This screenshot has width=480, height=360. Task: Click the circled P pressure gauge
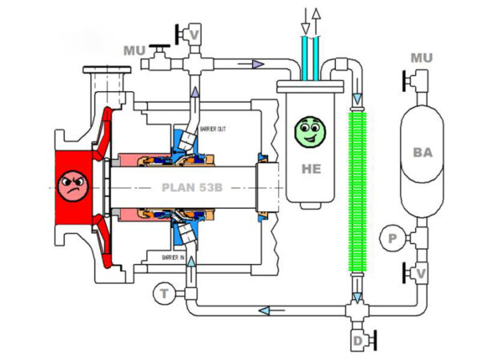point(392,238)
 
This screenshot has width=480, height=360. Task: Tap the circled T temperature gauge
point(164,294)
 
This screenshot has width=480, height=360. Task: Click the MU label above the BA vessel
point(421,58)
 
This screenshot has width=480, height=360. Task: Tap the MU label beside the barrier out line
point(135,50)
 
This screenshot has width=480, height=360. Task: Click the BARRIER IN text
point(173,258)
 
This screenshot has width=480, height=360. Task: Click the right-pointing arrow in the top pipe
point(257,64)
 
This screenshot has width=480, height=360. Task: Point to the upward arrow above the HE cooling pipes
point(317,15)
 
